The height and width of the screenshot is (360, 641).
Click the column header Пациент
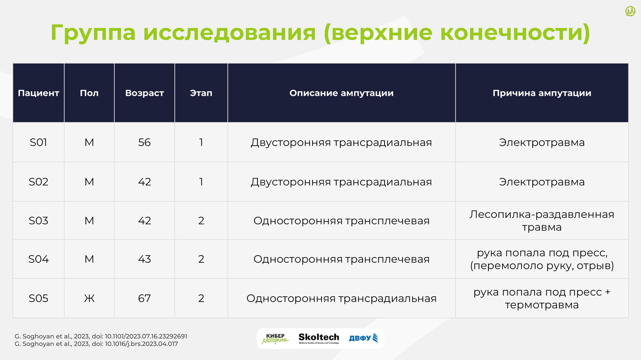click(38, 93)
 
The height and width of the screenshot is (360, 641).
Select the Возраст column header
click(145, 93)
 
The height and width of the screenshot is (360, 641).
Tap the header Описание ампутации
click(341, 93)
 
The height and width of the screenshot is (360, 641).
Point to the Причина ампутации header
click(542, 93)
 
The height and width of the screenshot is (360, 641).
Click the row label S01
click(38, 142)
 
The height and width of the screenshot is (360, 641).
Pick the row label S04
click(38, 259)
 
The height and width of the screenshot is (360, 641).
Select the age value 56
click(145, 142)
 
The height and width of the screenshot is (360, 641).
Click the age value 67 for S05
click(145, 298)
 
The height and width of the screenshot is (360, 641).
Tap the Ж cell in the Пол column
click(89, 298)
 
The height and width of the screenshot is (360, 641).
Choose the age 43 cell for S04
click(145, 259)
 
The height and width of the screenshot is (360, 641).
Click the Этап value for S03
click(201, 220)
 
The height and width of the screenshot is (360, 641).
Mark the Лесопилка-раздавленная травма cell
click(542, 220)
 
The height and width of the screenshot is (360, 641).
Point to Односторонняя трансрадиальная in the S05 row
click(341, 298)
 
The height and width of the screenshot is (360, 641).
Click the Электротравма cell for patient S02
click(542, 182)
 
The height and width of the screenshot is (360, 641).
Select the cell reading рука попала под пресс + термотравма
click(542, 298)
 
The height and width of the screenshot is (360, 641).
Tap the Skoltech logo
click(319, 338)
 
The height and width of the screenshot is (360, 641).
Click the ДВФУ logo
click(363, 338)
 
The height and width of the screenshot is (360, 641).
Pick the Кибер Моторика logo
click(275, 339)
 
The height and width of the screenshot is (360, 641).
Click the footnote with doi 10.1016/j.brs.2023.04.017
click(96, 344)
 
